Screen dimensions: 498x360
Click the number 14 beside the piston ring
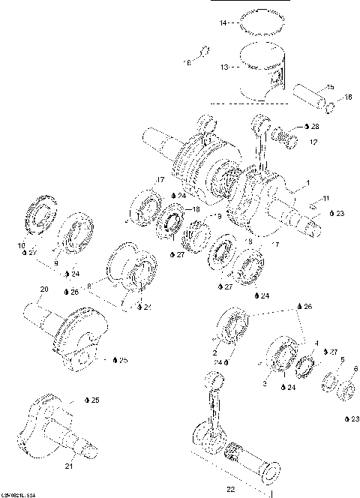coord(222,24)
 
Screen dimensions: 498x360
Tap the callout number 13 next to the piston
coord(223,67)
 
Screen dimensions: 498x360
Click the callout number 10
coord(21,246)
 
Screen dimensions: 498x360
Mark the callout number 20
coord(43,289)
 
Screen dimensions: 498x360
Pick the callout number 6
coord(355,369)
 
